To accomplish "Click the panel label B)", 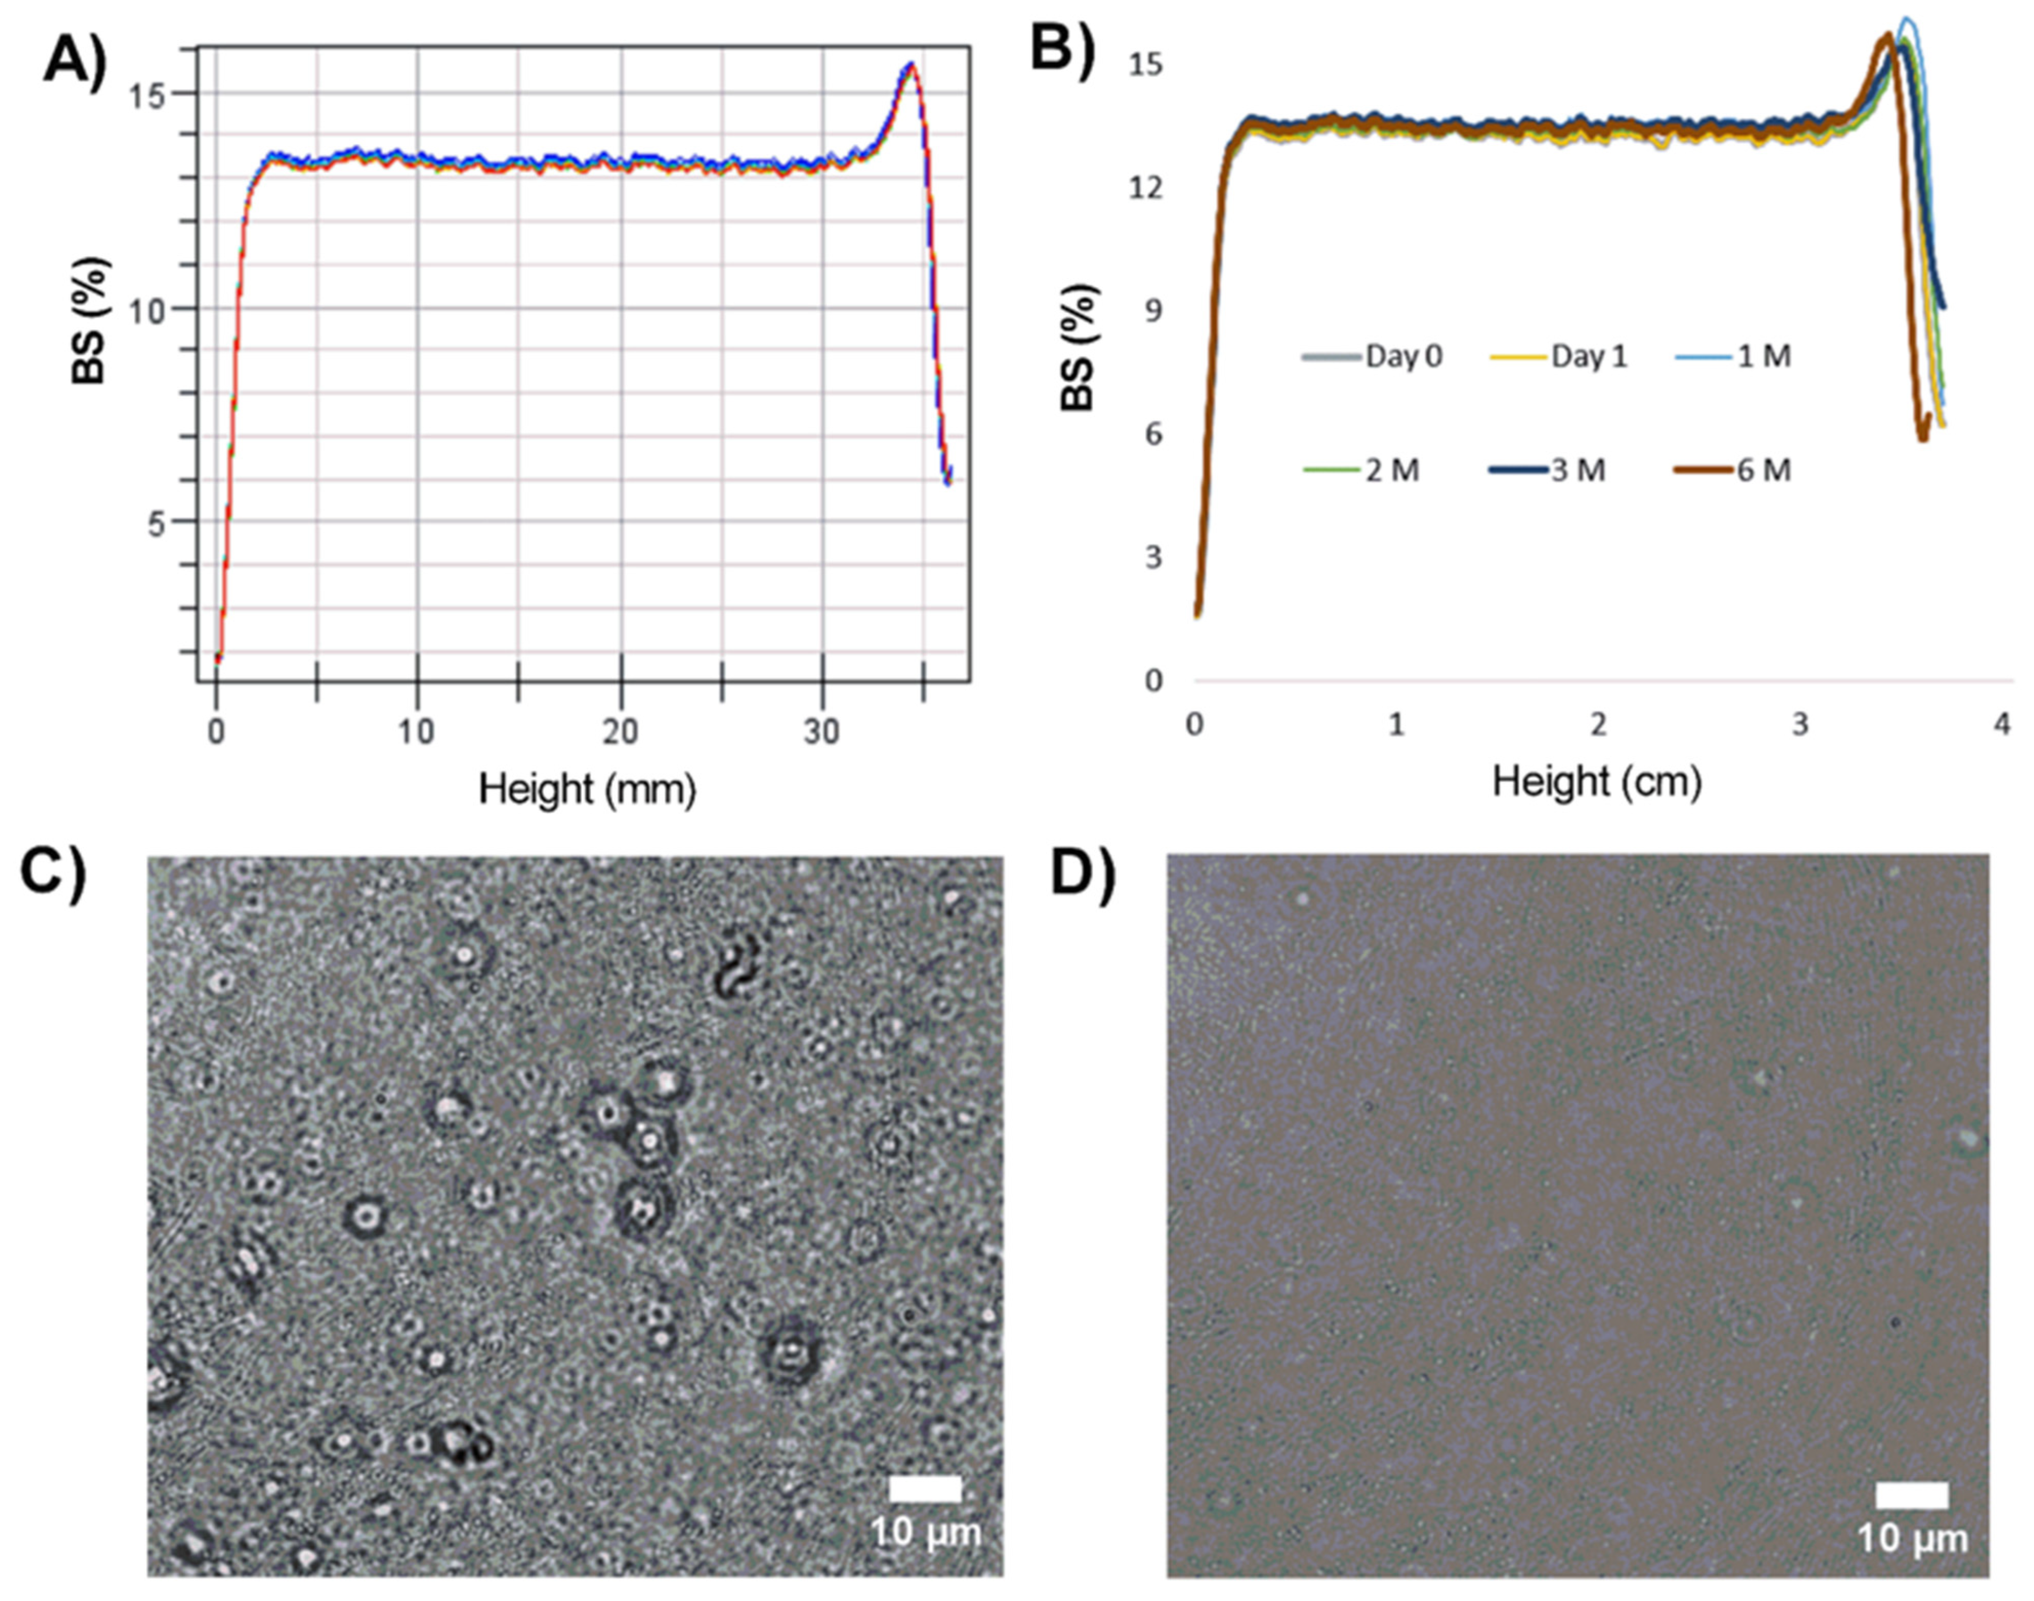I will click(x=1062, y=47).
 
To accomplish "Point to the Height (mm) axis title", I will click(x=588, y=789).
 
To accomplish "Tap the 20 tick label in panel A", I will click(x=620, y=732).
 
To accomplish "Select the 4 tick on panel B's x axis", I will click(x=2001, y=725).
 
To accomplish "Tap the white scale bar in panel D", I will click(x=1912, y=1495).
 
